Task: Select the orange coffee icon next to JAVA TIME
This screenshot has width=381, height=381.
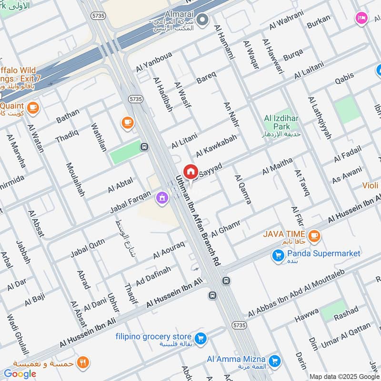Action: tap(313, 235)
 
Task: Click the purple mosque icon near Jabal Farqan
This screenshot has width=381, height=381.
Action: tap(162, 197)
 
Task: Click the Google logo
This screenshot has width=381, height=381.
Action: tap(20, 374)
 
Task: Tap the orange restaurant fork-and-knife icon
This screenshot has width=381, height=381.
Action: tap(83, 362)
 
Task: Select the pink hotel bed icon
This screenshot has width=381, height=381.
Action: tap(361, 18)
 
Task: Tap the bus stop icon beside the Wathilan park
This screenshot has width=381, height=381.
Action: tap(144, 147)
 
